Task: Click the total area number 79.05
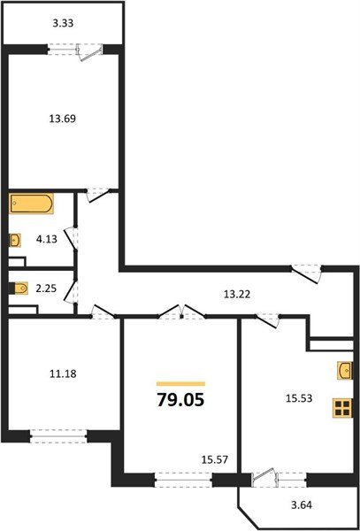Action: click(180, 399)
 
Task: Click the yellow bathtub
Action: click(32, 206)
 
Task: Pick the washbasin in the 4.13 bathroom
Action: click(16, 240)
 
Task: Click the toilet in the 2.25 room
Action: click(19, 287)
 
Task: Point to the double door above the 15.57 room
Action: click(181, 312)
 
